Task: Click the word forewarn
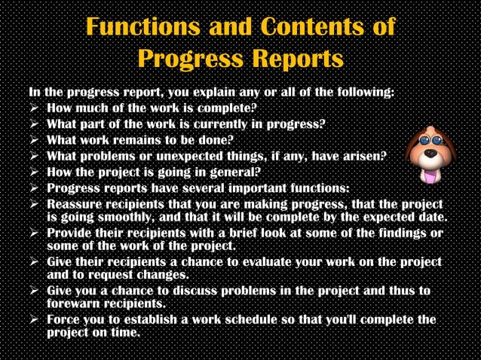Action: point(78,304)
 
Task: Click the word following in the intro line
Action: point(363,93)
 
